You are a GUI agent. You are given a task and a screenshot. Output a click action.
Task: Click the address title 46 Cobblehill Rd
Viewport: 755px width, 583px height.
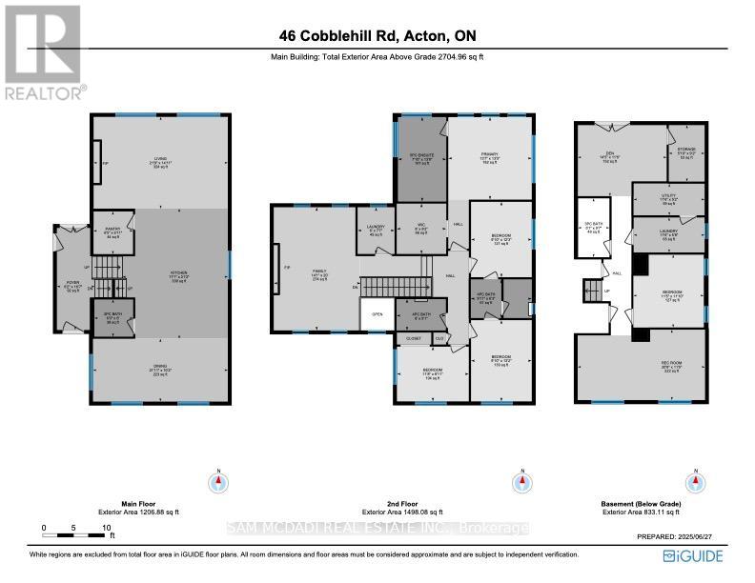(x=377, y=36)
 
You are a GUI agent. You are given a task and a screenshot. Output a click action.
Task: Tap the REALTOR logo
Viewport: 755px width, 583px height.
(x=43, y=52)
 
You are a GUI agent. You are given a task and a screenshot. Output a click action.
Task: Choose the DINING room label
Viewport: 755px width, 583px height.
(x=160, y=371)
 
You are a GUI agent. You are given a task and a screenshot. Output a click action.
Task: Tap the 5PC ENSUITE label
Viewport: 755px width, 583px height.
(x=420, y=154)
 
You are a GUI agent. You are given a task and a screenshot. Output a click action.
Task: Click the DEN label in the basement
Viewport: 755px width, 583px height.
(x=602, y=156)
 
